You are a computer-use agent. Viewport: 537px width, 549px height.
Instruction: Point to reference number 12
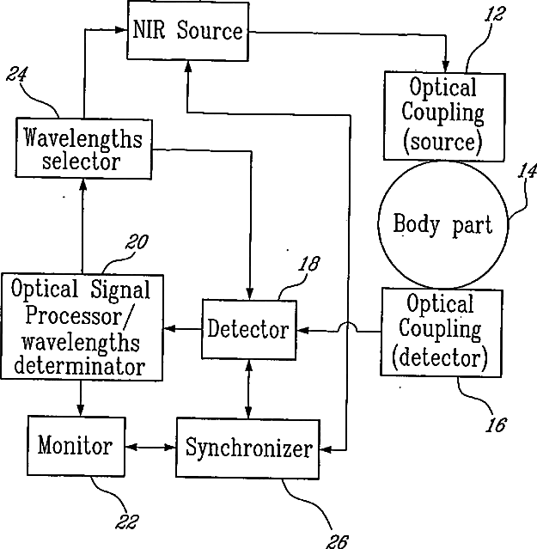(495, 15)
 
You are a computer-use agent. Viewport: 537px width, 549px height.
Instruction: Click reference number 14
(528, 171)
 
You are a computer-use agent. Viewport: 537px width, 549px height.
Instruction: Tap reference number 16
(496, 424)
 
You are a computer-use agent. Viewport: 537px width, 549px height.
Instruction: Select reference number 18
(309, 264)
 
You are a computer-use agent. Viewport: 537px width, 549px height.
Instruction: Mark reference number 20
(137, 241)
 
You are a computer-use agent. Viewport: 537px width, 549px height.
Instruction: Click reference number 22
(127, 522)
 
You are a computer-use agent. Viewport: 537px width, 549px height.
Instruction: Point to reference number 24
(17, 74)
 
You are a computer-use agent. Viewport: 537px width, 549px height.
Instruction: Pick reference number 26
(338, 541)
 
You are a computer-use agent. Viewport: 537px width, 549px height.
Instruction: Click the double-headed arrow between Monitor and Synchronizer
(150, 447)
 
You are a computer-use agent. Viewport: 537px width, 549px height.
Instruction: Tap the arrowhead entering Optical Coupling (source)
(445, 65)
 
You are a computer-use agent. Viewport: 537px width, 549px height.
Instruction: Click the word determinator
(80, 366)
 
